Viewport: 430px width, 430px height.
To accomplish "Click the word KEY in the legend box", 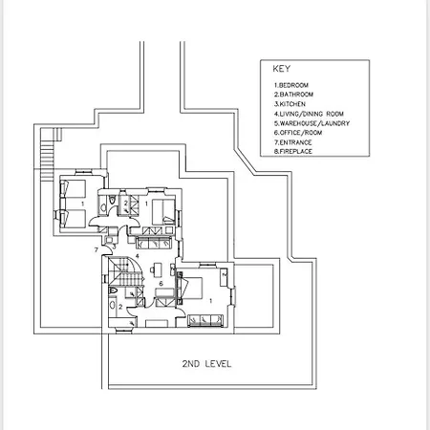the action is point(281,69).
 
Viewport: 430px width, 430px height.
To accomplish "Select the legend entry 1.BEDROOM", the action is point(291,85).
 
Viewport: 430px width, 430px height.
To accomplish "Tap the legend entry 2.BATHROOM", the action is point(293,95).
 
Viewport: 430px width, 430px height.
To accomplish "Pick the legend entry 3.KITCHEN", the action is point(290,104).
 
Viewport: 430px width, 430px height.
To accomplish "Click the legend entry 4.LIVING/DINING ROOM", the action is point(309,114).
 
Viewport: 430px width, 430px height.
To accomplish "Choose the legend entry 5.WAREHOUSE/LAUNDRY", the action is point(312,123).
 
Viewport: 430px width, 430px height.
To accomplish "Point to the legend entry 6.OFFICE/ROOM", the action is point(298,133).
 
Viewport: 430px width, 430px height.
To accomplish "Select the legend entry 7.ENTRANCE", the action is point(292,142).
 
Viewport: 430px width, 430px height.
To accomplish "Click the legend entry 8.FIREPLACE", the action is point(293,151).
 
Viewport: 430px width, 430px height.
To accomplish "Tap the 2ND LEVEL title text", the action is point(206,364).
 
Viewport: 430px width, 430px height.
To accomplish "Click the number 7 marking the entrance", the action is point(97,250).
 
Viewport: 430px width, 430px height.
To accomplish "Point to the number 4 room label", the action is point(138,256).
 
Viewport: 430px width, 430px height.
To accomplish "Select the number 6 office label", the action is point(161,283).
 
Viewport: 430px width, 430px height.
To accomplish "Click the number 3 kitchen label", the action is point(114,247).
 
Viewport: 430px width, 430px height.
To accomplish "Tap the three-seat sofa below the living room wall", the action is point(154,243).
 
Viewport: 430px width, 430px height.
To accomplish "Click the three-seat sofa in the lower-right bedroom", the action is point(205,320).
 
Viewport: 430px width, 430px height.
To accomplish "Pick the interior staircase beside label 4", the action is point(125,271).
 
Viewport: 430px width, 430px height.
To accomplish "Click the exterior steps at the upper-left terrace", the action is point(47,156).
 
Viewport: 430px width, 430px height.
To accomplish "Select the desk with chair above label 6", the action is point(156,269).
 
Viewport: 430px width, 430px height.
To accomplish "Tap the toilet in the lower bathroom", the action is point(113,290).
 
